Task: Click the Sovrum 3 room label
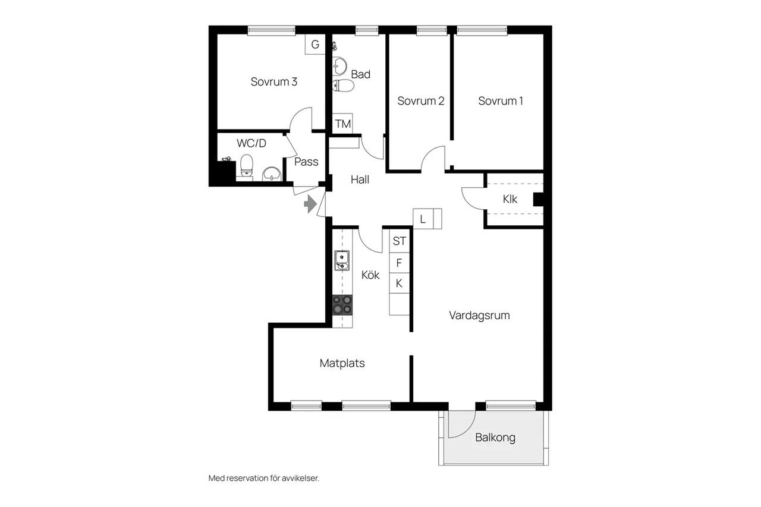coord(274,82)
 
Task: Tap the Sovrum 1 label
coord(501,101)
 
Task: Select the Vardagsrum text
coord(479,316)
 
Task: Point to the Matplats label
coord(342,363)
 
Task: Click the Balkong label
coord(495,437)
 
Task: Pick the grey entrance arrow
coord(310,204)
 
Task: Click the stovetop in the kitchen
coord(342,305)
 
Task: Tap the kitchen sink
coord(342,260)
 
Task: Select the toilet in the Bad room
coord(343,86)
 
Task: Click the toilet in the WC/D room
coord(247,165)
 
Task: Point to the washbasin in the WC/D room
coord(272,174)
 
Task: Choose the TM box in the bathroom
coord(342,124)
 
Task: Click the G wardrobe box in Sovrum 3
coord(315,45)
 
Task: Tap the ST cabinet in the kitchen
coord(399,241)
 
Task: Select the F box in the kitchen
coord(399,263)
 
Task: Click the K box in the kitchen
coord(399,283)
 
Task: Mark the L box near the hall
coord(423,219)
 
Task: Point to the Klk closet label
coord(510,199)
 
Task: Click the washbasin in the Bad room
coord(339,65)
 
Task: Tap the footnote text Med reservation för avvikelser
coord(263,478)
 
